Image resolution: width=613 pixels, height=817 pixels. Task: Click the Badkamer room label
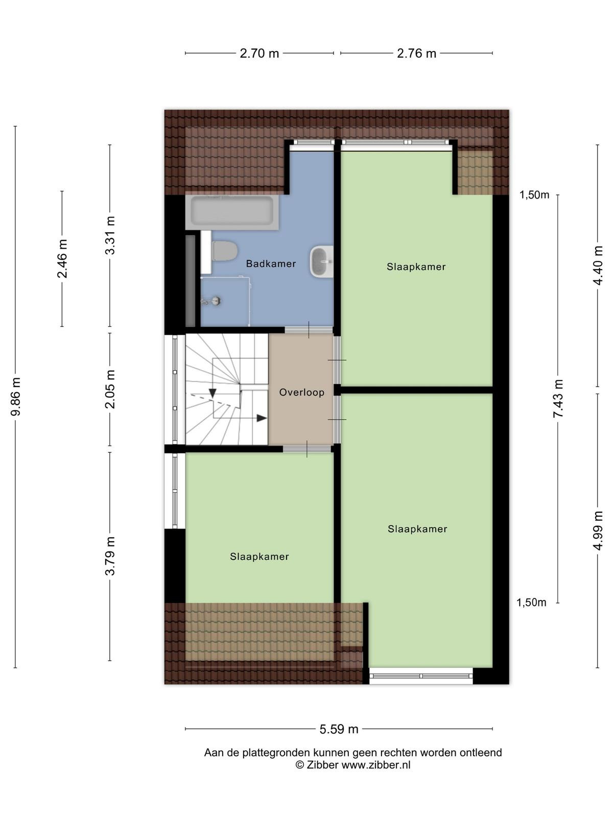tap(271, 264)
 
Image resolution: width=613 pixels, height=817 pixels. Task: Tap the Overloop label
tap(301, 392)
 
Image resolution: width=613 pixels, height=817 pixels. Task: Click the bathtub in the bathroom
tap(232, 211)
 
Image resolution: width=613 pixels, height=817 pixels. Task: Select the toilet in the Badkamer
tap(224, 251)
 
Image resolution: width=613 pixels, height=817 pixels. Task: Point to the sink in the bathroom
tap(321, 261)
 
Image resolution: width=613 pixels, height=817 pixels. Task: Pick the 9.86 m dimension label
tap(16, 396)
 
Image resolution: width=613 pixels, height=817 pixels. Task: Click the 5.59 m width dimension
tap(339, 729)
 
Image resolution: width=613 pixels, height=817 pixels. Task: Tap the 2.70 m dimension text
tap(259, 54)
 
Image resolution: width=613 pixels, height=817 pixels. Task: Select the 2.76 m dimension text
tap(416, 54)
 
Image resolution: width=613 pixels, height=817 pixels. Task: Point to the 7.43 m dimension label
tap(558, 399)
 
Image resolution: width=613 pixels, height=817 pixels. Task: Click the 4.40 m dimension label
tap(597, 266)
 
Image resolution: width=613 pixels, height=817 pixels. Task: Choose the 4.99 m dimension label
tap(598, 531)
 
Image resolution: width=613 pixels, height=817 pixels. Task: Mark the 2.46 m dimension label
tap(62, 259)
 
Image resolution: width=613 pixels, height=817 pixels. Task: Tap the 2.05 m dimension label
tap(110, 389)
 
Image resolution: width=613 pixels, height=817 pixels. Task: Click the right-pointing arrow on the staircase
tap(262, 418)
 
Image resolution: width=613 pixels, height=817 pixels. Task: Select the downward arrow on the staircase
tap(213, 393)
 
